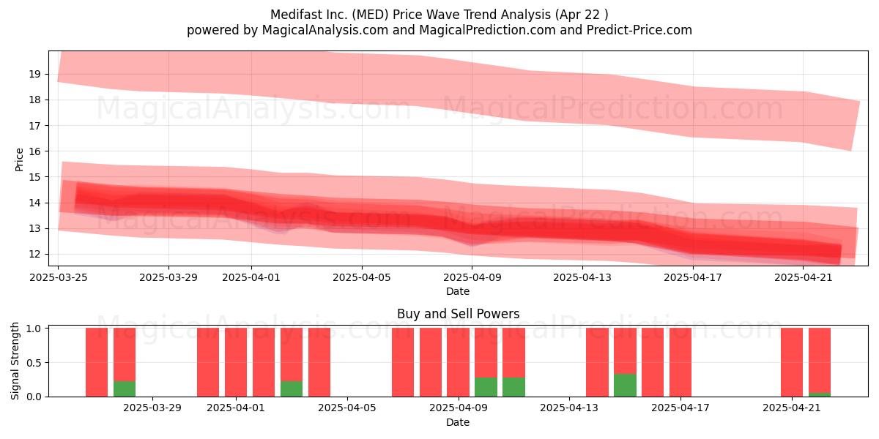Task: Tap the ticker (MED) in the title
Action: coord(370,15)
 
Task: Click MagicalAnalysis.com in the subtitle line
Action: coord(325,30)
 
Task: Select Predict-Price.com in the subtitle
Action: coord(639,30)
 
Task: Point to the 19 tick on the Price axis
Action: coord(34,74)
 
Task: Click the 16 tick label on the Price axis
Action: coord(34,151)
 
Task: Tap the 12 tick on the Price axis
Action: coord(34,254)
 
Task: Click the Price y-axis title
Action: coord(19,160)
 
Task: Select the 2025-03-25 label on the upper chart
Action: coord(59,277)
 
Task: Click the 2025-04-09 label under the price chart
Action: coord(472,277)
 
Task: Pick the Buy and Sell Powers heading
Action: coord(458,314)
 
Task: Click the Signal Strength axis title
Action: coord(15,361)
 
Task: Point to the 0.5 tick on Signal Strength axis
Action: coord(34,363)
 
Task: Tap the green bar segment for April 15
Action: coord(625,386)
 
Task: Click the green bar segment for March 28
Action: coord(125,389)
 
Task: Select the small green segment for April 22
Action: coord(820,394)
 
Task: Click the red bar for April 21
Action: coord(792,362)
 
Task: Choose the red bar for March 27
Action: coord(97,362)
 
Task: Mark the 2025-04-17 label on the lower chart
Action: coord(680,408)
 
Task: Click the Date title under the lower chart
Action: coord(458,422)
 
